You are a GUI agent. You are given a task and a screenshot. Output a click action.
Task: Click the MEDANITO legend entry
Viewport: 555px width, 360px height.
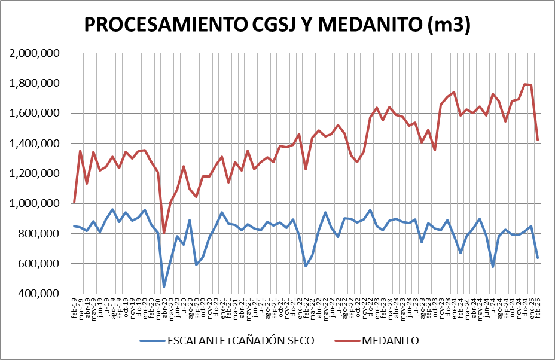tap(390, 340)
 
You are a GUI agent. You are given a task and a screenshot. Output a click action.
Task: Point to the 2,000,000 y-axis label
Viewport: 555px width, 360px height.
tap(35, 53)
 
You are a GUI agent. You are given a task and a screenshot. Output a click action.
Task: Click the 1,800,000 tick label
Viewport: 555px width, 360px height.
tap(35, 83)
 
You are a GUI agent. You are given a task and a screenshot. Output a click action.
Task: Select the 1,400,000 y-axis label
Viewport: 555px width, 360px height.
tap(35, 144)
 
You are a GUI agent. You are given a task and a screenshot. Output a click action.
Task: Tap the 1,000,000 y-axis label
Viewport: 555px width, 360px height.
tap(35, 203)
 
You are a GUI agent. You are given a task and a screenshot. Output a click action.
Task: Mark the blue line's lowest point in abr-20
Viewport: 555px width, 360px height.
tap(164, 287)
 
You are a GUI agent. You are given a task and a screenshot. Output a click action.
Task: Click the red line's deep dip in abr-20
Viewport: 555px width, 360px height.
tap(164, 233)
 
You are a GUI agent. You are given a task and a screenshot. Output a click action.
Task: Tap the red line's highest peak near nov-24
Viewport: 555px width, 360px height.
tap(525, 84)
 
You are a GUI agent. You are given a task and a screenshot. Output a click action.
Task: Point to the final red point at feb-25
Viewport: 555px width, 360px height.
tap(538, 141)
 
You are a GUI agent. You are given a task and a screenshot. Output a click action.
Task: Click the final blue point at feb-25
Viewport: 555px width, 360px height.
tap(538, 258)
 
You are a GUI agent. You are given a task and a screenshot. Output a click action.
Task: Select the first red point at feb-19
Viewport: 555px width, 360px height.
tap(74, 203)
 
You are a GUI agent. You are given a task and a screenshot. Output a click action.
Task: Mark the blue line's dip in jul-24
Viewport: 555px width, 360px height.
tap(493, 267)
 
